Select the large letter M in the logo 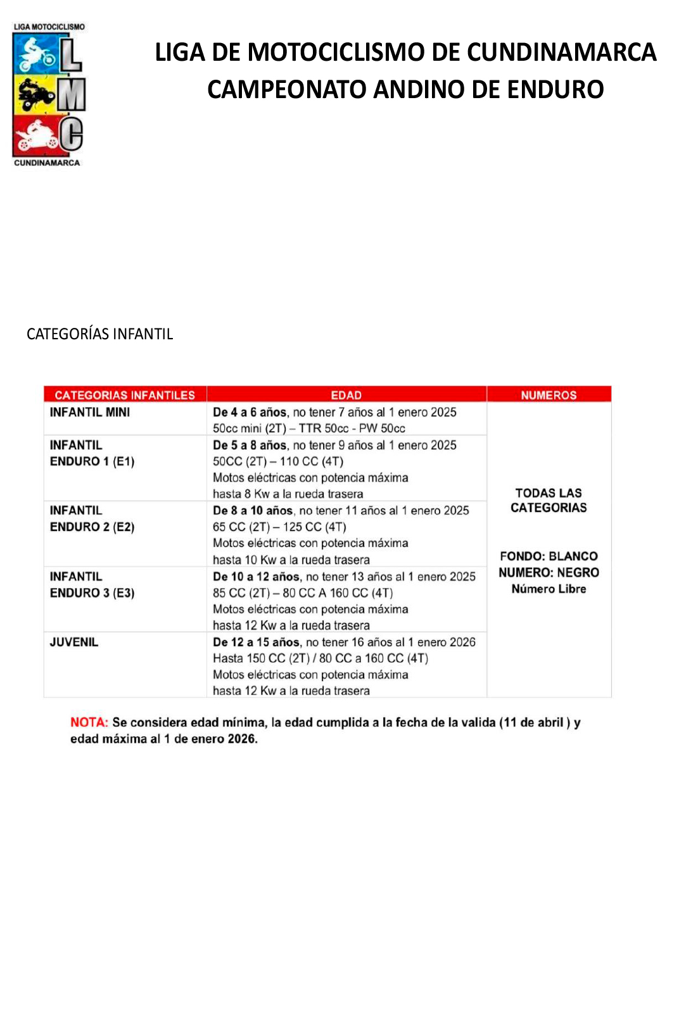(x=72, y=96)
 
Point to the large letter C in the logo (x=72, y=135)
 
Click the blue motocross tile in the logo (x=35, y=54)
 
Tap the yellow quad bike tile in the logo (x=35, y=95)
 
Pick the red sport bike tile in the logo (x=35, y=135)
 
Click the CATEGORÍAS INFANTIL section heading (x=99, y=334)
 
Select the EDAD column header (x=346, y=395)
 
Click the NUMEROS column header (x=549, y=395)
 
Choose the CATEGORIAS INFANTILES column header (x=125, y=395)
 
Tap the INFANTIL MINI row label (x=90, y=412)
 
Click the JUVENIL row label (x=74, y=642)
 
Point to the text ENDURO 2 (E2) (x=92, y=527)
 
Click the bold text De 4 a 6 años (x=250, y=412)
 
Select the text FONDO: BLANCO (x=549, y=556)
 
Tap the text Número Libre (x=549, y=589)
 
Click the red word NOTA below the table (x=89, y=722)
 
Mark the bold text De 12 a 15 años (x=256, y=642)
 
